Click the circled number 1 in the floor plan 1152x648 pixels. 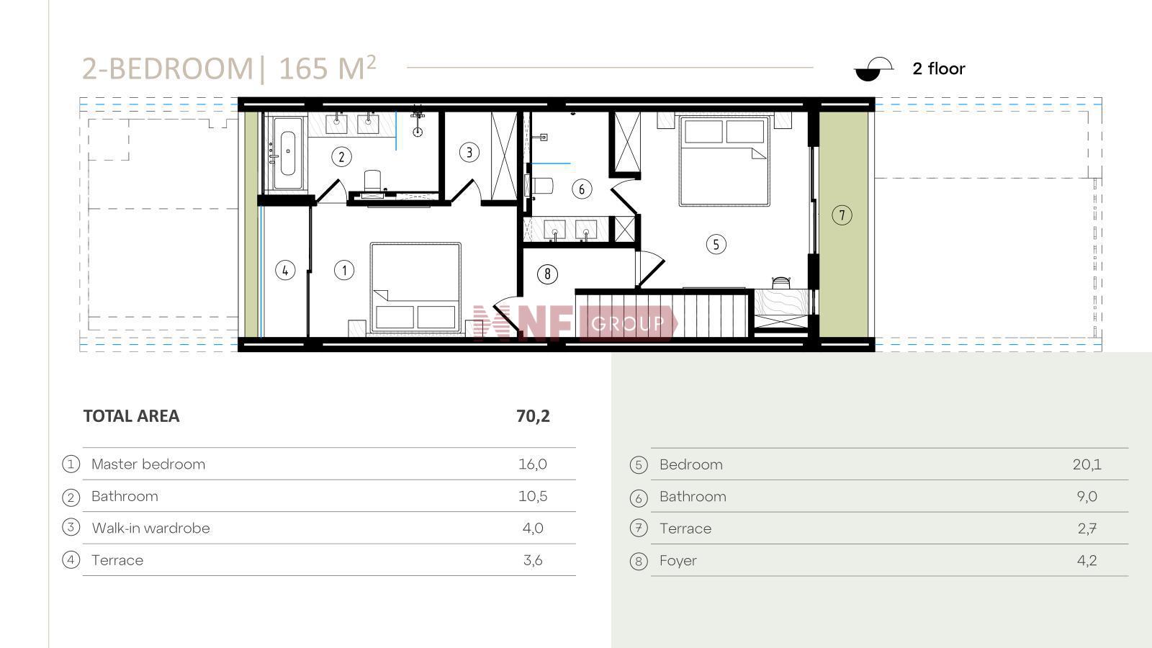344,270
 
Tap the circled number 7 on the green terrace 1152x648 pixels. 842,215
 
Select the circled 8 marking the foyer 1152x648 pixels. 547,274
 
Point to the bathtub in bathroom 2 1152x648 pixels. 287,153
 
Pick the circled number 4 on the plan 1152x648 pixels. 285,270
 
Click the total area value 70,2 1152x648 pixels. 533,416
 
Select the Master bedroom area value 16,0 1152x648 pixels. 532,464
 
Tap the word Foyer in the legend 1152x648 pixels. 678,561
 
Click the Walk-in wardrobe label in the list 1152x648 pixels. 150,528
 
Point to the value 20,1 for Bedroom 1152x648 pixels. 1086,465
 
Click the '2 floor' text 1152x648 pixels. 939,69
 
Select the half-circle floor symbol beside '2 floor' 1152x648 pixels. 873,69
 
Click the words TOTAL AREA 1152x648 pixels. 131,416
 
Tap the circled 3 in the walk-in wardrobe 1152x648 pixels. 469,152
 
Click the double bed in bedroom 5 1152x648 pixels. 724,161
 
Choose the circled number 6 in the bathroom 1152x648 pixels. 582,189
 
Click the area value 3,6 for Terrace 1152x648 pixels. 532,560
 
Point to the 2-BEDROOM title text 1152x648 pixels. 168,68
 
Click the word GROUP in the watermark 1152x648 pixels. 627,323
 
